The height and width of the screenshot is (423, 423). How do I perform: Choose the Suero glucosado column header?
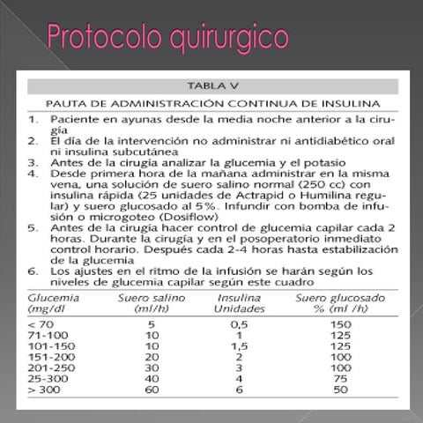(x=338, y=304)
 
